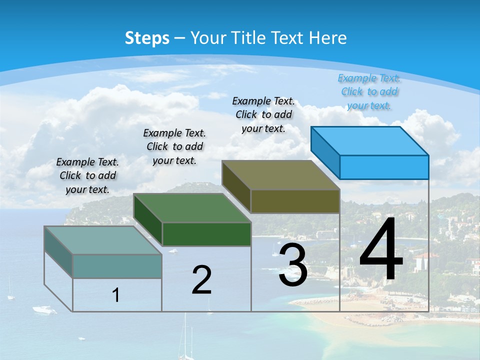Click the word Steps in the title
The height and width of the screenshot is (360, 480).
pos(147,38)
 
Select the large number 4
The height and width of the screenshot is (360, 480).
pos(381,250)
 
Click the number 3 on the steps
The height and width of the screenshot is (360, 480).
pos(293,265)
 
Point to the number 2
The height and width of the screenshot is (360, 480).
pos(202,280)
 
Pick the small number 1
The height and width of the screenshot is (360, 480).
pos(116,295)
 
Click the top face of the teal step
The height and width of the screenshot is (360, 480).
pos(103,240)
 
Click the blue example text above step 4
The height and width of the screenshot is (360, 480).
pos(369,91)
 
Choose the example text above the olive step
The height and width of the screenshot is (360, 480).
pos(263,114)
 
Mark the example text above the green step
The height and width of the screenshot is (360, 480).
pos(174,146)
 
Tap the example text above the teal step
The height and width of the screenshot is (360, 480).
pos(87,175)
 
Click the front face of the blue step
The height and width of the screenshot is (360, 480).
pos(384,167)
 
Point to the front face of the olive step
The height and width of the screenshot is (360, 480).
pos(295,201)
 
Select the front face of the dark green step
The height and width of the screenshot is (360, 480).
pos(206,234)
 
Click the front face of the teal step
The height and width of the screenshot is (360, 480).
pos(117,266)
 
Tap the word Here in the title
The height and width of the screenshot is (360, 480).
pos(328,38)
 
